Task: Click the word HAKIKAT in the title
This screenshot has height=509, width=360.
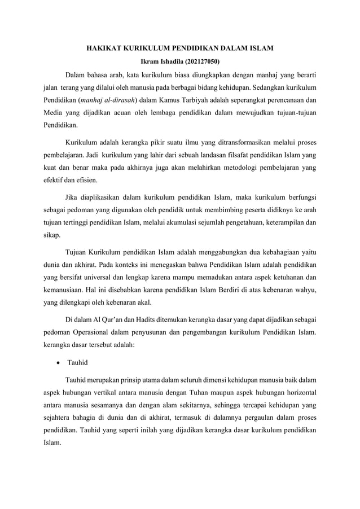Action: (102, 50)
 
